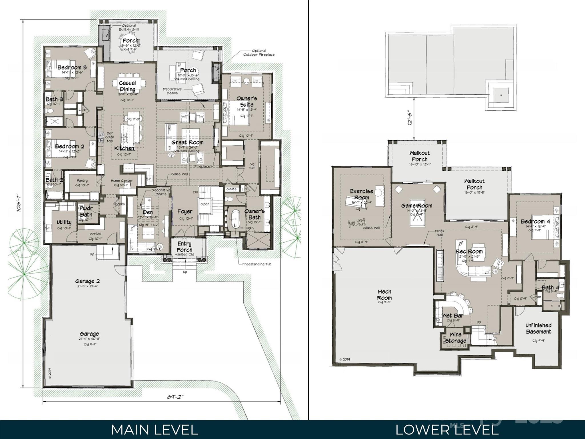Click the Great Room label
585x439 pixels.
tap(187, 142)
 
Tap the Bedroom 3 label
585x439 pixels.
tap(72, 67)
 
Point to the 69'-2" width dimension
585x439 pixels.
tap(175, 397)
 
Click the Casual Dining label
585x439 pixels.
tap(127, 86)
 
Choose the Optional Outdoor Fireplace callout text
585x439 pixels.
tap(259, 53)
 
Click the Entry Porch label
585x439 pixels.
tap(184, 246)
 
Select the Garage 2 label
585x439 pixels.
tap(87, 281)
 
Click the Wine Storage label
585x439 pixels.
tap(455, 338)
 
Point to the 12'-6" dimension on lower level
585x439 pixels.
tap(410, 118)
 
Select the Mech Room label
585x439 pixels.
tap(384, 294)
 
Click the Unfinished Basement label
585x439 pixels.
tap(538, 328)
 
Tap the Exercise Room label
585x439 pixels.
tap(361, 194)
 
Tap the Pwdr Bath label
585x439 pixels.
tap(86, 211)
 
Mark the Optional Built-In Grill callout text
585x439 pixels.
tap(129, 27)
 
